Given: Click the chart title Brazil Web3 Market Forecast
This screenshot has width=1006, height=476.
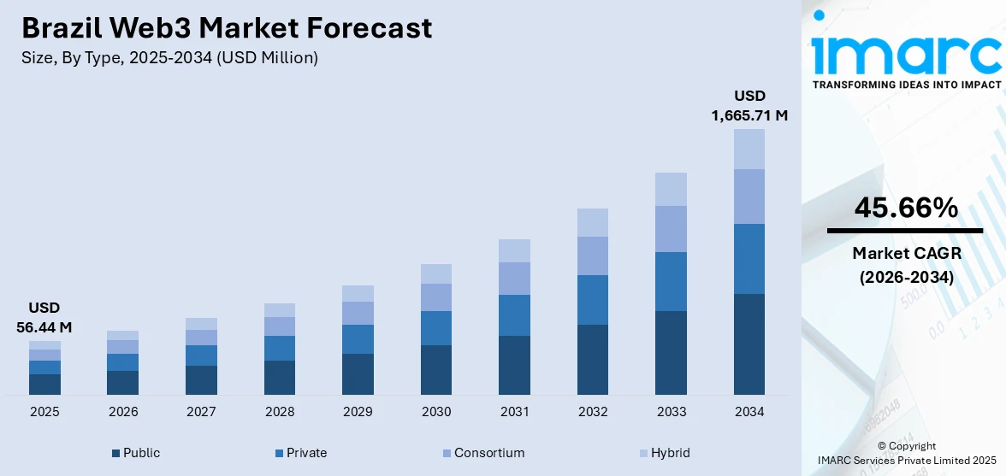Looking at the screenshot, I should tap(227, 28).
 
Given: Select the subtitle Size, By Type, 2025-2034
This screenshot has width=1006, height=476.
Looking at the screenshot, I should tap(169, 57).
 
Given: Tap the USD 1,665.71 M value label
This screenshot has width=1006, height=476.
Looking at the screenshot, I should tap(749, 105).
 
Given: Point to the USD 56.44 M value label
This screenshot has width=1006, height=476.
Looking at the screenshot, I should tap(44, 317).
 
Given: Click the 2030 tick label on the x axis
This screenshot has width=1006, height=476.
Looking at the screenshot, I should tap(436, 412).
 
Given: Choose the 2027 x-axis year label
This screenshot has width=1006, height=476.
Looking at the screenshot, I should tap(201, 412).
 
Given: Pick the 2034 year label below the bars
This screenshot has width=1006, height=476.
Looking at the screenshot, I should tap(749, 412).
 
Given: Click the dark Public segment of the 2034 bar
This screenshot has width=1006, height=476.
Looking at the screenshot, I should tap(749, 344).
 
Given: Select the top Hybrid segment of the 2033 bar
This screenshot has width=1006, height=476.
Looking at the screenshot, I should tap(671, 189).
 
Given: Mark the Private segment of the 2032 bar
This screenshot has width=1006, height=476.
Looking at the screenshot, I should tap(593, 299).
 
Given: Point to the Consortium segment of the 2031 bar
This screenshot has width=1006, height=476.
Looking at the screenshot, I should tap(514, 278).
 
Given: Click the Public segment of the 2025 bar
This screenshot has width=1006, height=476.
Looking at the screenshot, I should tap(44, 384).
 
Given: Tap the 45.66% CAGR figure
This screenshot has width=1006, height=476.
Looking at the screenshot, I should tap(905, 208).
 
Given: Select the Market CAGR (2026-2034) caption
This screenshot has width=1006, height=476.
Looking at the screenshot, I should tap(905, 265).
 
